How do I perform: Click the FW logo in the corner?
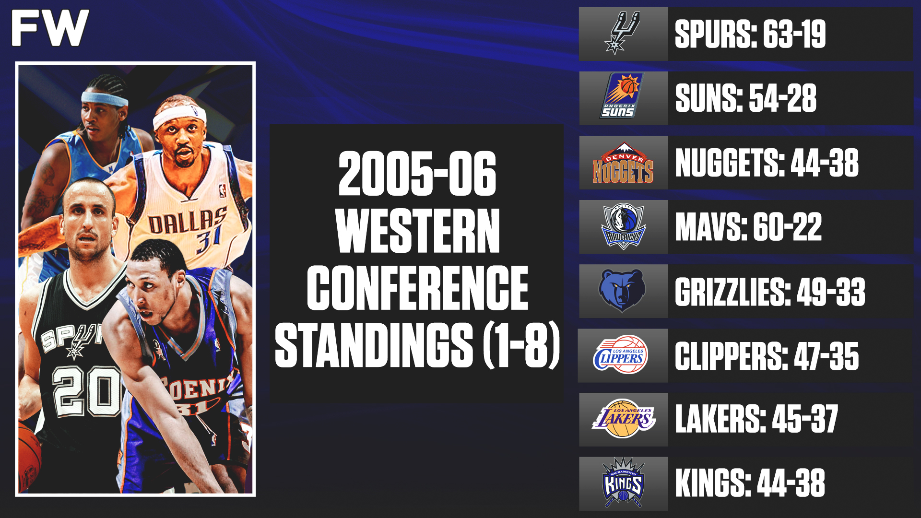pos(50,28)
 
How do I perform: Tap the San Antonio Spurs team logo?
pos(623,34)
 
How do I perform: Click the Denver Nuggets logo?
pos(623,163)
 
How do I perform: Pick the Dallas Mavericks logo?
pos(623,227)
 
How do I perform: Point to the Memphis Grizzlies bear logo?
pos(623,290)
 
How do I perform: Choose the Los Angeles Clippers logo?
pos(622,355)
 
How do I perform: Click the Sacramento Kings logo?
pos(623,482)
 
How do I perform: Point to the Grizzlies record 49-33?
pos(831,292)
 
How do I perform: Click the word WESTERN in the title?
pos(417,231)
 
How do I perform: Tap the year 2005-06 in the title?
pos(417,174)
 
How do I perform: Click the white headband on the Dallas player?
pos(179,116)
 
